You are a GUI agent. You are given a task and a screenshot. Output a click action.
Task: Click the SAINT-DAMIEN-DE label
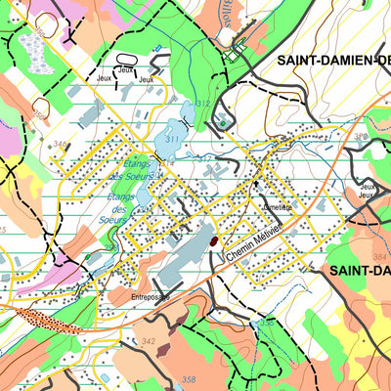click(332, 60)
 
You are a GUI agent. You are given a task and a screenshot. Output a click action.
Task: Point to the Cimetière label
click(276, 206)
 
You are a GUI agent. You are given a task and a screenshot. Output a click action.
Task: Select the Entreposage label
click(152, 296)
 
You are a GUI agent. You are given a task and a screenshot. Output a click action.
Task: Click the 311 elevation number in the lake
click(172, 140)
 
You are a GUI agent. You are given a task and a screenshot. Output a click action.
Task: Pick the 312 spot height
click(202, 104)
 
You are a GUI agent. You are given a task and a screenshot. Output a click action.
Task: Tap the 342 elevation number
click(149, 340)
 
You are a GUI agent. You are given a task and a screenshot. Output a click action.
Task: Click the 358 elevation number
click(189, 379)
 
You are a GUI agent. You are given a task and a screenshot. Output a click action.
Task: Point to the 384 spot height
click(378, 255)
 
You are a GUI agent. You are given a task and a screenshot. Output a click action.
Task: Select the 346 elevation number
click(61, 145)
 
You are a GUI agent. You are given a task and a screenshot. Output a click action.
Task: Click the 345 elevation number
click(4, 231)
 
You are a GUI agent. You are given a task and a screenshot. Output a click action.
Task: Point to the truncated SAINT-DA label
click(359, 270)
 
